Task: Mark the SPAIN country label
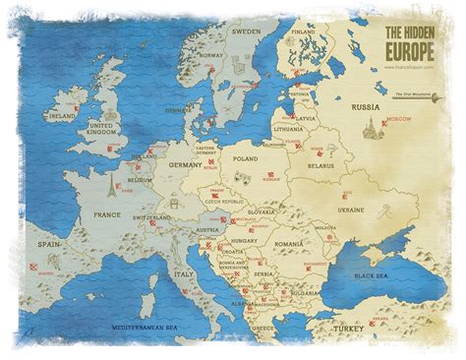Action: [49, 241]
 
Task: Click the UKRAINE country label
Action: [349, 210]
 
